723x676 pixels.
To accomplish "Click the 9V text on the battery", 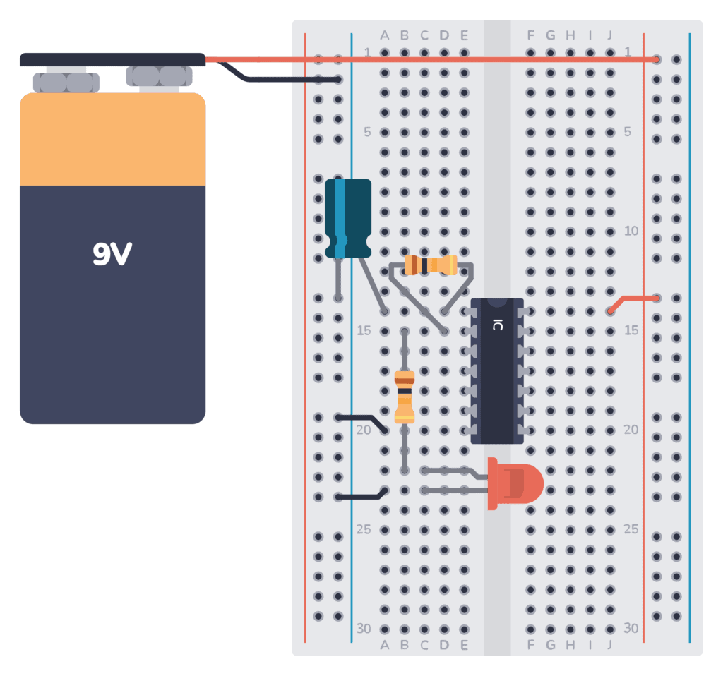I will click(112, 254).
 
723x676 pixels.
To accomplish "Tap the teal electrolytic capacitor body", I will click(348, 217).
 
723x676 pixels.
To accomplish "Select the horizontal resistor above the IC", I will click(431, 265).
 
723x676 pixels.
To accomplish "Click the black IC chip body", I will click(497, 370).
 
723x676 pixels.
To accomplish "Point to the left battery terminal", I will click(66, 82).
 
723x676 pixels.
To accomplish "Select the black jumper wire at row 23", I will click(361, 496).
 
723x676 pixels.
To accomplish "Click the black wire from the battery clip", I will click(282, 79).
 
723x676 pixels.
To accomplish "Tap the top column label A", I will click(385, 35).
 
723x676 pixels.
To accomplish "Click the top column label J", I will click(609, 35).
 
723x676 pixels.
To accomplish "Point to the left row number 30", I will click(363, 628).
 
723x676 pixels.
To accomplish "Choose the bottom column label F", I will click(530, 645).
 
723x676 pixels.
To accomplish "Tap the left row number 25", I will click(363, 529).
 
